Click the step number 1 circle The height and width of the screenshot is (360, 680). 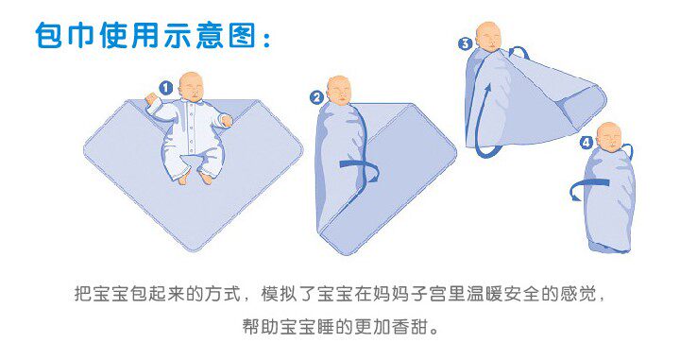[165, 89]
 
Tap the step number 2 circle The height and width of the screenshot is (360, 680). [316, 97]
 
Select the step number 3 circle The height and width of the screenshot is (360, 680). [466, 43]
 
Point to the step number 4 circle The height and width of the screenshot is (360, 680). [586, 143]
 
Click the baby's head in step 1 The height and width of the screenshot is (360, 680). [192, 86]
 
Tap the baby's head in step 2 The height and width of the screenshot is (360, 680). [339, 91]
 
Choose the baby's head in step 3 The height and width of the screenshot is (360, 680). [489, 36]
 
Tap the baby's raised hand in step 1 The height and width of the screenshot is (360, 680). [151, 98]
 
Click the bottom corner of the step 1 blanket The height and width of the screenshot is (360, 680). [194, 250]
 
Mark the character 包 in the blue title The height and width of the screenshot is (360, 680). [49, 35]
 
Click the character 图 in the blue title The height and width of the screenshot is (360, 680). [242, 35]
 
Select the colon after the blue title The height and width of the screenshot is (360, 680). [265, 37]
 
